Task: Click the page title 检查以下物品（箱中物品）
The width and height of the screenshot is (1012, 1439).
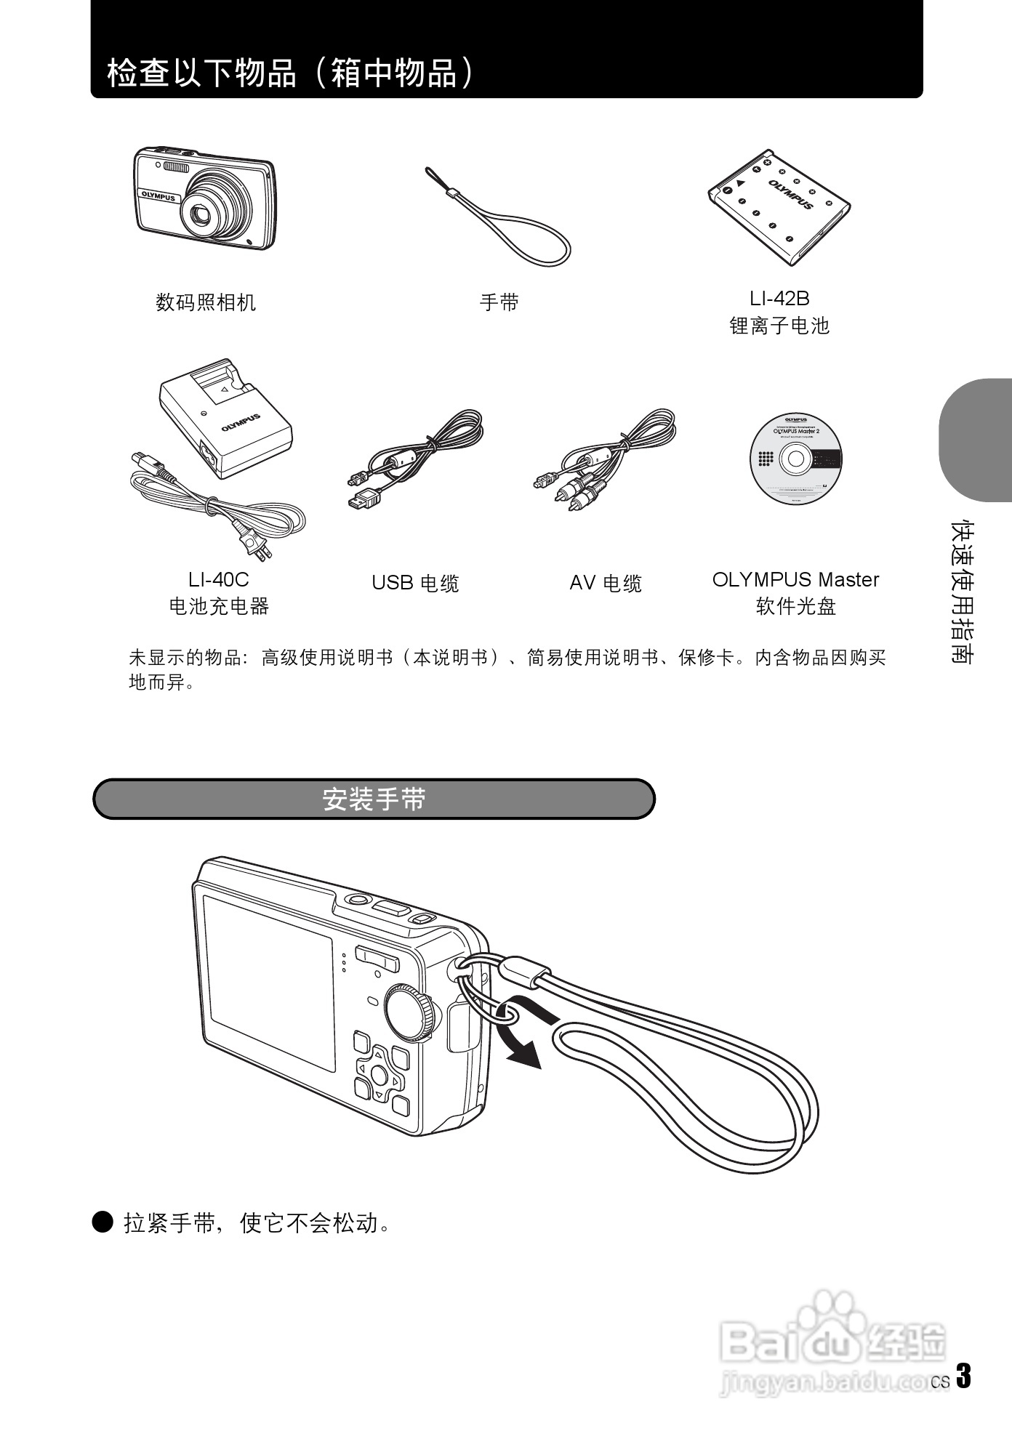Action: click(x=291, y=73)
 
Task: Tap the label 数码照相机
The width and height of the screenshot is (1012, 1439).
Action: click(x=206, y=302)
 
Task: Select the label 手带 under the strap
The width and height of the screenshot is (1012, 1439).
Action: click(x=499, y=302)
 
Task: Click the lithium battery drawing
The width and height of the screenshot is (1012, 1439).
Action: click(x=779, y=208)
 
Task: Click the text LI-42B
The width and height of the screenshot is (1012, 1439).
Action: click(x=779, y=298)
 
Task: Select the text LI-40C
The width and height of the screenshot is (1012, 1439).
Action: click(x=218, y=579)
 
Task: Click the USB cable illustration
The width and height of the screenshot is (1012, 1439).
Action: click(x=414, y=458)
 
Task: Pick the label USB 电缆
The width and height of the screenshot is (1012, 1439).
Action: click(x=415, y=583)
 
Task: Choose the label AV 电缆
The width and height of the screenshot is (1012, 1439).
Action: click(x=606, y=583)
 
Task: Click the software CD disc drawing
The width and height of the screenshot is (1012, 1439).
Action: click(x=795, y=459)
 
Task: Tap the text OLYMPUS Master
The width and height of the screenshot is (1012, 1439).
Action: click(x=795, y=579)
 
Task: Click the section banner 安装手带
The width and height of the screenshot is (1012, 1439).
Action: click(x=374, y=799)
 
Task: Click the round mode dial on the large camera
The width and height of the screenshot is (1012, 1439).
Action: click(x=410, y=1012)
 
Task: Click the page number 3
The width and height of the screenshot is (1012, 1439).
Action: click(x=963, y=1376)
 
